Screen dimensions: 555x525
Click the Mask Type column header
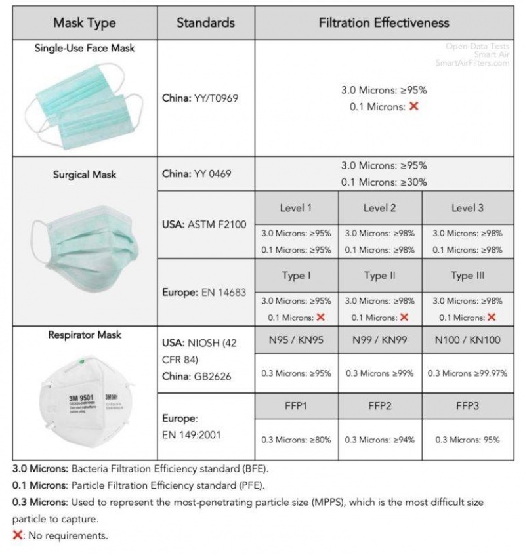click(x=85, y=22)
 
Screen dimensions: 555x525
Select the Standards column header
click(x=205, y=22)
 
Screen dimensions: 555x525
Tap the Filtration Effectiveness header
click(x=384, y=22)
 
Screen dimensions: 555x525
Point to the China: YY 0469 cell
click(x=196, y=174)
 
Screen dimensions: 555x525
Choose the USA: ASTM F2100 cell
click(x=204, y=225)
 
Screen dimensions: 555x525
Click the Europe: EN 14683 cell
click(x=204, y=292)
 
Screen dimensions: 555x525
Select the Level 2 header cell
click(x=379, y=208)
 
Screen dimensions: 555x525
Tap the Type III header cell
click(x=467, y=276)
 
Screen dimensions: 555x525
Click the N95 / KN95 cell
click(x=296, y=340)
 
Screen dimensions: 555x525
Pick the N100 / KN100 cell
click(x=467, y=340)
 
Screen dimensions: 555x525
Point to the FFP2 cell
click(x=379, y=406)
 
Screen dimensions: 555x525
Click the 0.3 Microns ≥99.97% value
click(x=467, y=373)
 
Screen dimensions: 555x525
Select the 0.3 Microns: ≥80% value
click(x=296, y=440)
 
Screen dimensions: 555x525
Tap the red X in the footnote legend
click(x=17, y=535)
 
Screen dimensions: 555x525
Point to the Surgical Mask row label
click(x=85, y=175)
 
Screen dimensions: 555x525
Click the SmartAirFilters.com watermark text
click(x=472, y=63)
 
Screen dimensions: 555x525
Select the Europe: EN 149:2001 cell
click(x=192, y=425)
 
